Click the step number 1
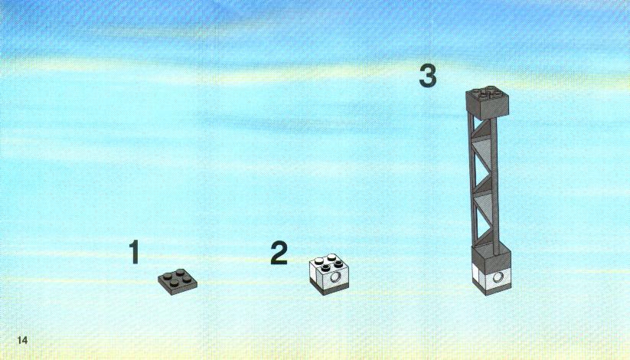coord(134,252)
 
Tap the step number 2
coord(279,253)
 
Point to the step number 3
coord(428,76)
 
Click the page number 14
coord(22,340)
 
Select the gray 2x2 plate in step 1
coord(177,282)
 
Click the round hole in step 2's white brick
coord(335,277)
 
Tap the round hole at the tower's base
coord(498,277)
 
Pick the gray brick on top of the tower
coord(488,103)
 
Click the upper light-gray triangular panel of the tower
coord(483,149)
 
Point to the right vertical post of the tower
coord(495,186)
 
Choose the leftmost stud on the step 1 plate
coord(166,276)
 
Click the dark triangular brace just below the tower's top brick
coord(483,129)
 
